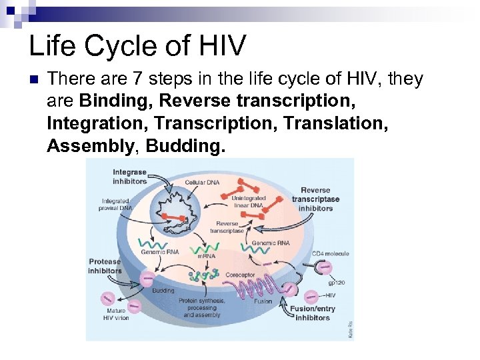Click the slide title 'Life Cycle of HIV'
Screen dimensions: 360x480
pyautogui.click(x=137, y=45)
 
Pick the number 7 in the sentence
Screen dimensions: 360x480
pyautogui.click(x=137, y=79)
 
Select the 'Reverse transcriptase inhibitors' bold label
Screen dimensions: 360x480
pyautogui.click(x=316, y=199)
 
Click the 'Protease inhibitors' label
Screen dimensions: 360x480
pyautogui.click(x=105, y=266)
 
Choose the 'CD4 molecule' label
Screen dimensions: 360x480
pyautogui.click(x=330, y=254)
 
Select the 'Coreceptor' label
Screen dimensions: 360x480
pyautogui.click(x=241, y=274)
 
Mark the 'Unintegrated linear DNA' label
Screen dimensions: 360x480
pyautogui.click(x=248, y=201)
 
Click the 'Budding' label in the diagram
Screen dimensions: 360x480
pyautogui.click(x=163, y=291)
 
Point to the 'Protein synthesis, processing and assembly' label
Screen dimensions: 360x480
pyautogui.click(x=203, y=307)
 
